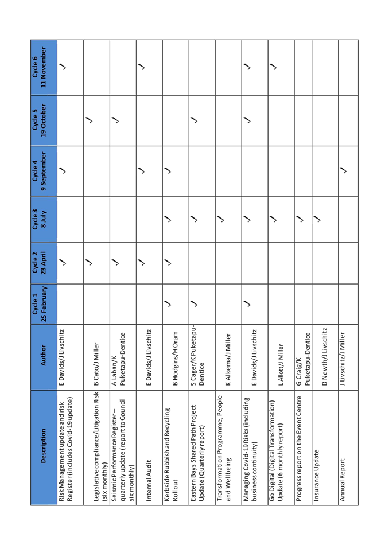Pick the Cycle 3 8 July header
tap(44, 220)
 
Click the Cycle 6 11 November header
tap(44, 67)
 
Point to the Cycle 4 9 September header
tap(44, 171)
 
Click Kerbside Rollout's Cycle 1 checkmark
tap(168, 303)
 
